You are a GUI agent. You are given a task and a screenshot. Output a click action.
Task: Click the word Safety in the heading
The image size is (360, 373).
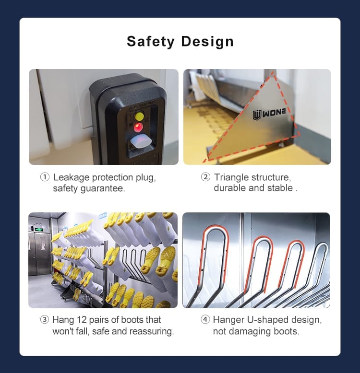(150, 42)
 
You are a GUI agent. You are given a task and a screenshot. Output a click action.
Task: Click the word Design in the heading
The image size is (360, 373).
(207, 42)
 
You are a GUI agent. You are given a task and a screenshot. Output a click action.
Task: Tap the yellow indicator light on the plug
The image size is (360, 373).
(139, 117)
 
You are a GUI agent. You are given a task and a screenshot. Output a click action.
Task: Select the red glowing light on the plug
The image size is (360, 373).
(138, 128)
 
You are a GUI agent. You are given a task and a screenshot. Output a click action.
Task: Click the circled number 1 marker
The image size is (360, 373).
(45, 177)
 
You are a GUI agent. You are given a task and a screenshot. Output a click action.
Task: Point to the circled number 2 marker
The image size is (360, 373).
(205, 177)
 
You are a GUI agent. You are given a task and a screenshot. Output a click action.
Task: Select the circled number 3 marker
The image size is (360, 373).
(45, 319)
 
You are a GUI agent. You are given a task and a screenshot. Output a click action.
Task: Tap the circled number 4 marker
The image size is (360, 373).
(205, 319)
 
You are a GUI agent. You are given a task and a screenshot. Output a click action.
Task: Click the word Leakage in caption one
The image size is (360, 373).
(71, 178)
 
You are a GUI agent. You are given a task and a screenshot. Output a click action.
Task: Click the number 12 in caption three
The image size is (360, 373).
(82, 320)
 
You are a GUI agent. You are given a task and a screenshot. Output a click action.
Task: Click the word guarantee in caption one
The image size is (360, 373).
(103, 188)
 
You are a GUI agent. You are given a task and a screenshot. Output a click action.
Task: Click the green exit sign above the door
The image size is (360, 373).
(38, 230)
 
